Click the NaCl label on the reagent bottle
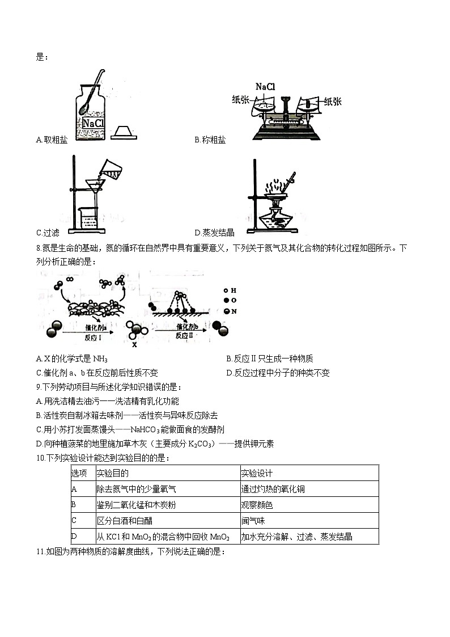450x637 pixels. pyautogui.click(x=93, y=123)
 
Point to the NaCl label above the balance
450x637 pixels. pyautogui.click(x=265, y=87)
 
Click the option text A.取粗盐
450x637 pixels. pyautogui.click(x=51, y=140)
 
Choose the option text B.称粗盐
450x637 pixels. pyautogui.click(x=210, y=140)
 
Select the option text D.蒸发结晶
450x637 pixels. pyautogui.click(x=214, y=232)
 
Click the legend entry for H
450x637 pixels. pyautogui.click(x=229, y=290)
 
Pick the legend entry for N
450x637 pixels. pyautogui.click(x=229, y=311)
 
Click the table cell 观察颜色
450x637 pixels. pyautogui.click(x=257, y=505)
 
